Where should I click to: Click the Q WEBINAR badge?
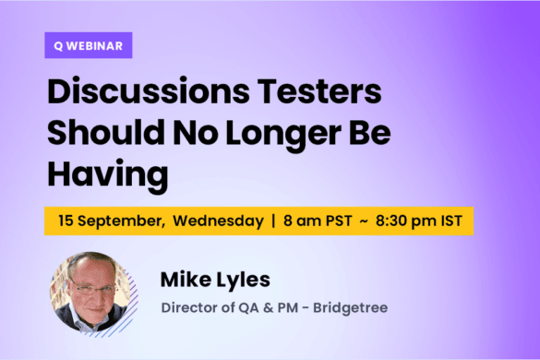coord(89,45)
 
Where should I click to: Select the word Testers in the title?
coord(325,93)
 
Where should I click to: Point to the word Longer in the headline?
coord(270,135)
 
